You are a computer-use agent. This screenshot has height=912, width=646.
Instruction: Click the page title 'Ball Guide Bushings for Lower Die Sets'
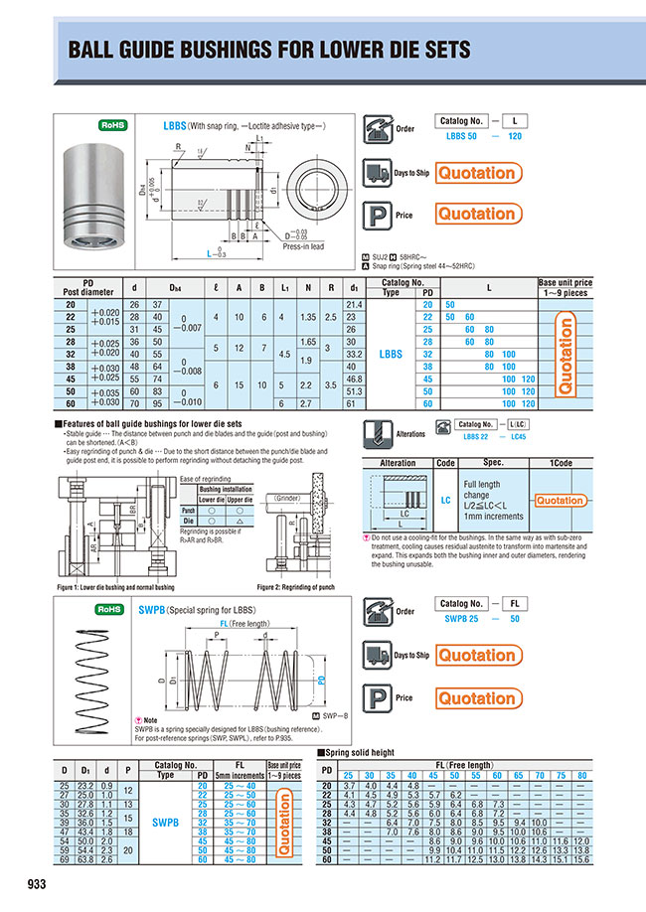(268, 51)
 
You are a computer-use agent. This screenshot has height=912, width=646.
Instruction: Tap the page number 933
(38, 883)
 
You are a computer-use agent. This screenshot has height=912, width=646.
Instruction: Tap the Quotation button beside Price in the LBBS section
(477, 214)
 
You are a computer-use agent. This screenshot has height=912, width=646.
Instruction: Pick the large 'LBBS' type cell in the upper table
(392, 352)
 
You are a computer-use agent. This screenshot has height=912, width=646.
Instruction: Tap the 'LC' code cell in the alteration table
(446, 501)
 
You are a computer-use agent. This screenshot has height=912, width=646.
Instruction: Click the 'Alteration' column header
(398, 463)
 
